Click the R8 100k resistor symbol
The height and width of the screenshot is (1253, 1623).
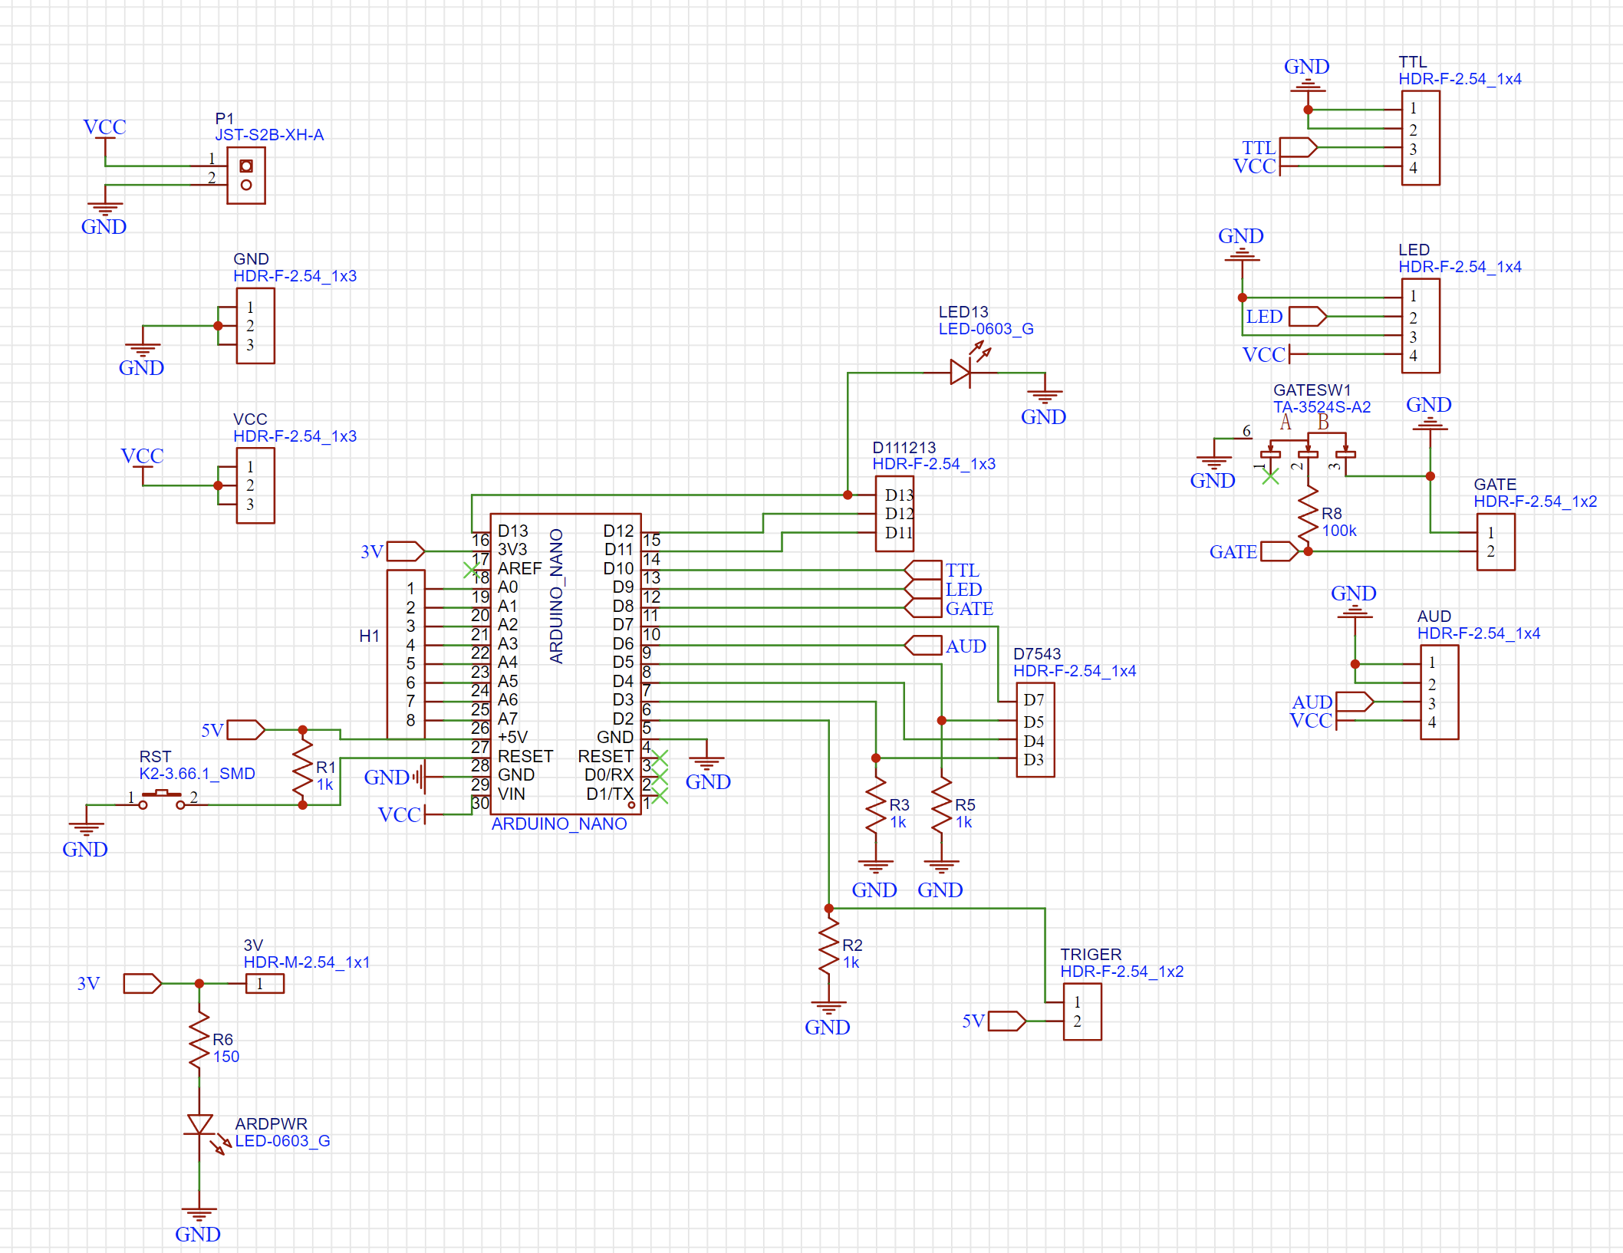tap(1308, 515)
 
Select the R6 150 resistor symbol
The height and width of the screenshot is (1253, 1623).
tap(199, 1039)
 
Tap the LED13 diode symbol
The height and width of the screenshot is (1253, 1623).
tap(960, 373)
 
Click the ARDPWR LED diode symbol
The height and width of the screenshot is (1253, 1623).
tap(199, 1125)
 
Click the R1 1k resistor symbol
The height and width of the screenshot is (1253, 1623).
tap(303, 767)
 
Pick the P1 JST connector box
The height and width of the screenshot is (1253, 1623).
tap(246, 176)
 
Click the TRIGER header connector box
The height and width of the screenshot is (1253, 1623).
tap(1082, 1011)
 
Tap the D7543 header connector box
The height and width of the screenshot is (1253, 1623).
tap(1035, 730)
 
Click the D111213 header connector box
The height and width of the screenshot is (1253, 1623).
tap(894, 514)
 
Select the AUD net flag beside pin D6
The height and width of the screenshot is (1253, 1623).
tap(923, 646)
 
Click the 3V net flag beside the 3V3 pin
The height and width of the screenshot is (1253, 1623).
tap(406, 551)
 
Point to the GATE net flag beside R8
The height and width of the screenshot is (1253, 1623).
tap(1279, 551)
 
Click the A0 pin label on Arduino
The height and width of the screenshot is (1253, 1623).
tap(508, 587)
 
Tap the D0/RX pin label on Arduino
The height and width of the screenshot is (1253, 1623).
tap(609, 775)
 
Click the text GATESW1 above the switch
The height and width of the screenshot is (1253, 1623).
tap(1312, 390)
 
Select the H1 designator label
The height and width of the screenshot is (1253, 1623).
tap(369, 636)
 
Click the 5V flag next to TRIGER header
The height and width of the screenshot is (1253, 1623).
tap(1006, 1021)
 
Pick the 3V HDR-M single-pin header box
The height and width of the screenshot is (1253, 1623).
tap(265, 983)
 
